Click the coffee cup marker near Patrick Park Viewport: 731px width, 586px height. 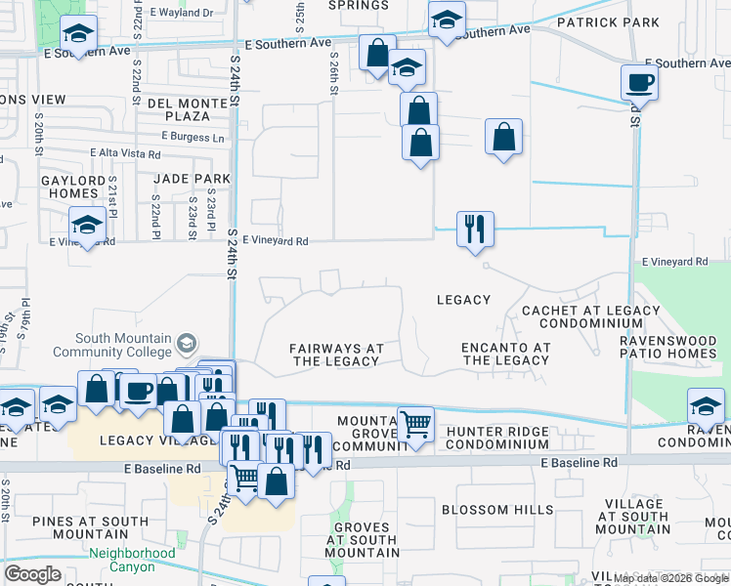click(639, 82)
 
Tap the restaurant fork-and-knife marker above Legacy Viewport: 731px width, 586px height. click(475, 230)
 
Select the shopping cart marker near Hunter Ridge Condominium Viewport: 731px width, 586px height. click(416, 425)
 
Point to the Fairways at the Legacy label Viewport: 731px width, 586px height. click(335, 355)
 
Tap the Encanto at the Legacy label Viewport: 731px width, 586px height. click(505, 354)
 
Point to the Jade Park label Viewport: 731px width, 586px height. click(192, 179)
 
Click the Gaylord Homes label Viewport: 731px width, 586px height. click(70, 187)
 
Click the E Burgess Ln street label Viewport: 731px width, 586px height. click(193, 137)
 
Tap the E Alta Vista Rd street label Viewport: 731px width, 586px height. click(125, 153)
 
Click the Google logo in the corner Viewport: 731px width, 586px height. click(32, 574)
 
